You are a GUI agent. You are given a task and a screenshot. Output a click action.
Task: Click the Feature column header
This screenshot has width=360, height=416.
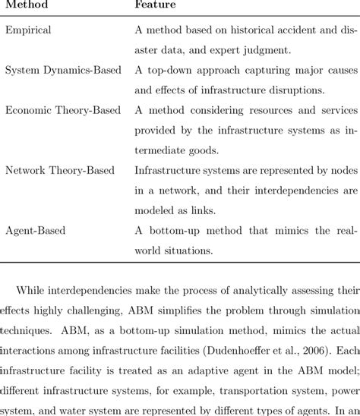155,5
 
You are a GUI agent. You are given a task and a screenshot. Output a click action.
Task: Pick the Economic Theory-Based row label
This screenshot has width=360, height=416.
63,110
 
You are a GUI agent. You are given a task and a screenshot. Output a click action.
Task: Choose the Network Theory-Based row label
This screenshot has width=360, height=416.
60,170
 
